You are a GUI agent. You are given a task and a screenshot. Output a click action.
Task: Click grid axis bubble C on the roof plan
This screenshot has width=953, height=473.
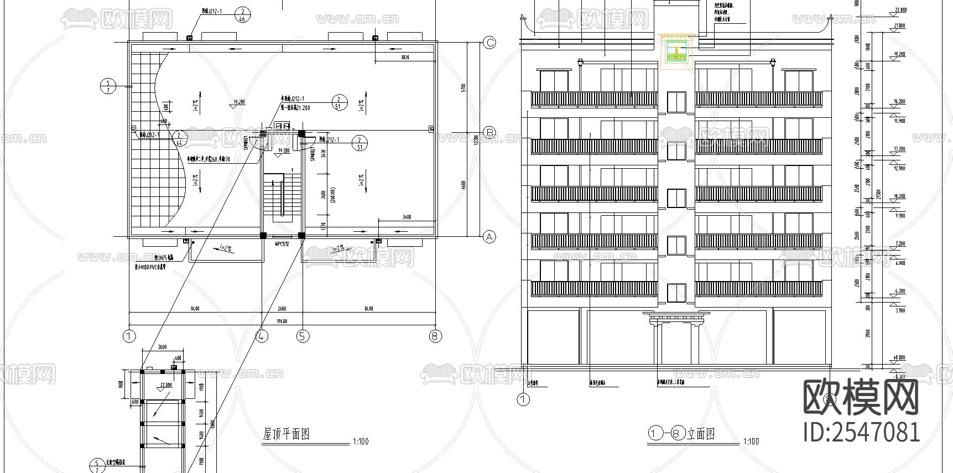point(489,43)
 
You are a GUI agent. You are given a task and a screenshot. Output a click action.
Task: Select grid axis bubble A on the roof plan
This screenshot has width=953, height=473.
point(489,237)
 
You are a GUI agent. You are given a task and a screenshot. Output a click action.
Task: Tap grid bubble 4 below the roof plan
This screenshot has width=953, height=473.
point(262,336)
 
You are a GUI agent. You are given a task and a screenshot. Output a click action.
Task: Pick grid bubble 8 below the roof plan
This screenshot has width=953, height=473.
point(436,336)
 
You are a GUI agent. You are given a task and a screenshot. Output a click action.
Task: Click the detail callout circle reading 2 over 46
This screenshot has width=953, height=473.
point(242,14)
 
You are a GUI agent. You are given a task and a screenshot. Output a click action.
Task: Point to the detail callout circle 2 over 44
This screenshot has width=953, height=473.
point(179,138)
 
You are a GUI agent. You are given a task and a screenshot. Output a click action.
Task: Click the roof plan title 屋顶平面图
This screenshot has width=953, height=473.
point(285,434)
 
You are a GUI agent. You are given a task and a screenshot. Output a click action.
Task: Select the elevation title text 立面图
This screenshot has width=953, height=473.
point(701,434)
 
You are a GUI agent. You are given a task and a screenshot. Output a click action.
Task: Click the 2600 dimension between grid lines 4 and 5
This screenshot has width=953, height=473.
point(282,309)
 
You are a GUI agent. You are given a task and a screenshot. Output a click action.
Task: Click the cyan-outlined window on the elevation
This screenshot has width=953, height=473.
point(676,51)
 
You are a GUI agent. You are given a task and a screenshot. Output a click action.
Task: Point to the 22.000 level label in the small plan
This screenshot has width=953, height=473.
point(166,384)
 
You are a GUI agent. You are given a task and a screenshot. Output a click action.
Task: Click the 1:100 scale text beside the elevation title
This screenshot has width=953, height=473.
point(751,441)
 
